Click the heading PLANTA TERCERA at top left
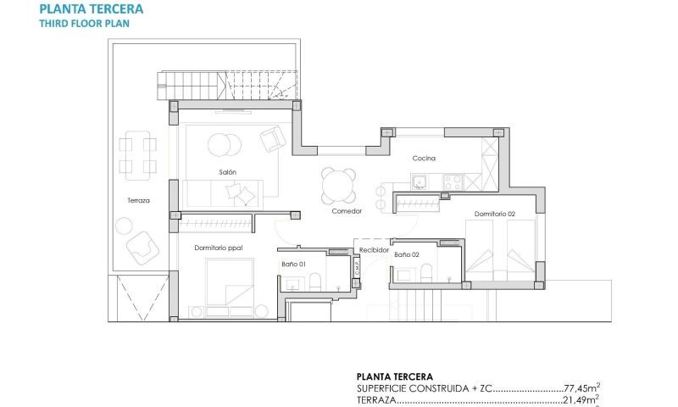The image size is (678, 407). tap(91, 9)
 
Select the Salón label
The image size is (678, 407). tap(227, 172)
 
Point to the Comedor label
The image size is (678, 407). tap(347, 210)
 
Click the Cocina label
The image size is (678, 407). tap(424, 159)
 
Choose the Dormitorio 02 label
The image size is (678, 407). tap(494, 214)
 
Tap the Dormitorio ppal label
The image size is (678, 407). tap(218, 248)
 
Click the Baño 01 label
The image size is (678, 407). tap(293, 265)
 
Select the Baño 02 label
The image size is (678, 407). tap(407, 254)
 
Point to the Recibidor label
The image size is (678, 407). tap(373, 251)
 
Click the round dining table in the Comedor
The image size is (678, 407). tap(339, 184)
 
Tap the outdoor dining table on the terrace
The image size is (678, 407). tap(138, 155)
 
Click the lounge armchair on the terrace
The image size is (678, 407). tap(141, 248)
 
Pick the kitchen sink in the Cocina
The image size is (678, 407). tap(420, 180)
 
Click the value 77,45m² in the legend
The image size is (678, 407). tap(581, 387)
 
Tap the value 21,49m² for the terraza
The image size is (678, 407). tap(581, 399)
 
